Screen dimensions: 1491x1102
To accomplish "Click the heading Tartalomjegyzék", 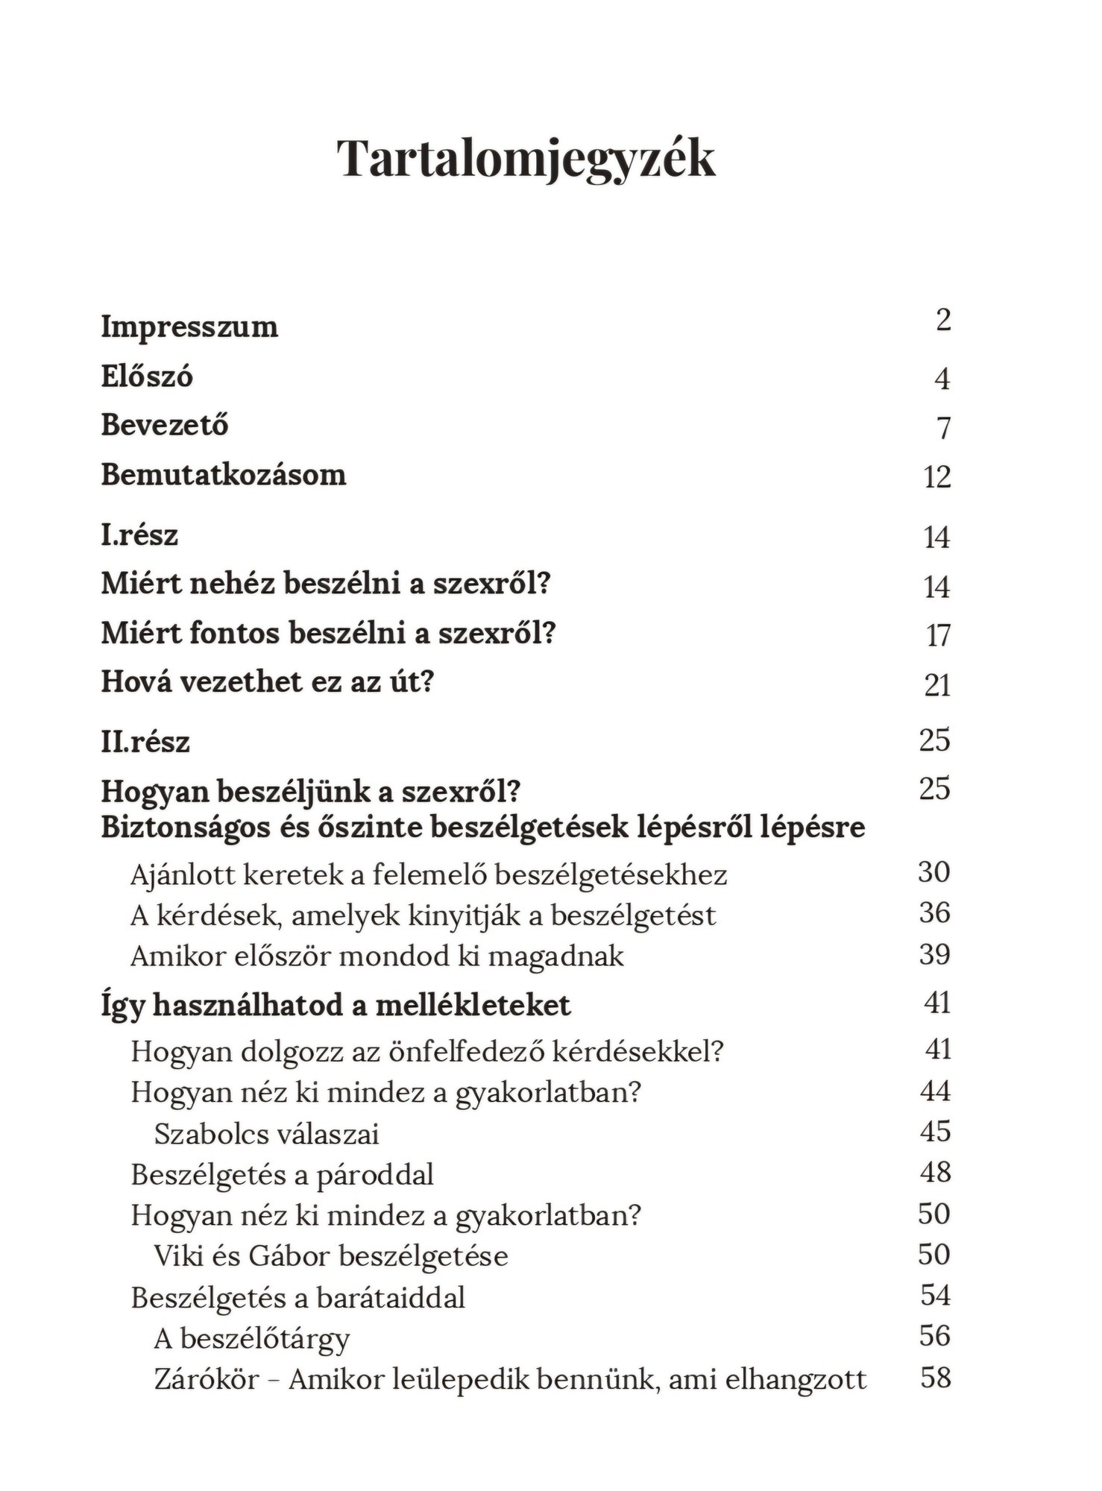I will [x=526, y=158].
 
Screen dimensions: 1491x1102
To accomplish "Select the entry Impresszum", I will [x=189, y=327].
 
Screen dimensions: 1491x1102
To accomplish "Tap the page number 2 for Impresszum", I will [x=943, y=320].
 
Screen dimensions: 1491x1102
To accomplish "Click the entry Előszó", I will [x=147, y=376].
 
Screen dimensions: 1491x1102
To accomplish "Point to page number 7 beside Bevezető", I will [x=944, y=428].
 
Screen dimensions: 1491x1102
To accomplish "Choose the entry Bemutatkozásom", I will [x=224, y=475].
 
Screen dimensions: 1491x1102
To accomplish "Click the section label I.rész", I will [x=139, y=535].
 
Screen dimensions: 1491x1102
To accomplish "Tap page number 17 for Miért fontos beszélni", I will [x=938, y=636].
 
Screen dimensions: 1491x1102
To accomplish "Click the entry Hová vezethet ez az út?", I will [x=267, y=681].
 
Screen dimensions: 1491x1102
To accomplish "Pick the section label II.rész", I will [x=145, y=742].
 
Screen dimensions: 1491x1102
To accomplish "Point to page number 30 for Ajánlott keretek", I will [x=934, y=871].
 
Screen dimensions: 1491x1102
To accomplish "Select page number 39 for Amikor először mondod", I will [x=934, y=954].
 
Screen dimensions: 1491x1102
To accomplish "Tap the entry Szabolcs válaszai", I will [x=266, y=1134].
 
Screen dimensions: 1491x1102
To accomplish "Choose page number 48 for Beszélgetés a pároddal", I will [x=935, y=1173].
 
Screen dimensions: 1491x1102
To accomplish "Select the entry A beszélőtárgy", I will [x=251, y=1339].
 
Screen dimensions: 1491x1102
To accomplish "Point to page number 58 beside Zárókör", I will [x=936, y=1377].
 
